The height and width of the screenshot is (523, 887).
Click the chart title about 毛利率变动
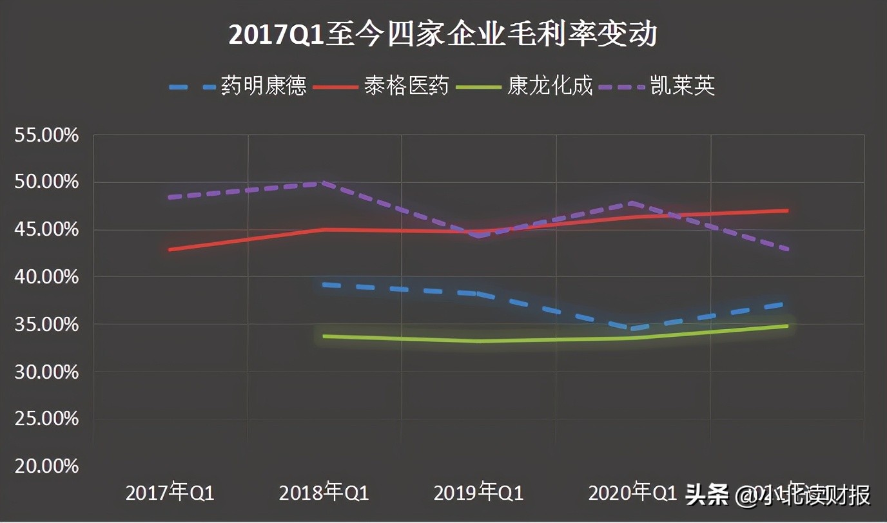tap(443, 34)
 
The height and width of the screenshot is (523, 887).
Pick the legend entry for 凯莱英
tap(683, 86)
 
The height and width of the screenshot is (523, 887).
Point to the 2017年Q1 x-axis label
tap(170, 493)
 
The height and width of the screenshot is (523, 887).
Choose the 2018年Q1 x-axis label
tap(324, 493)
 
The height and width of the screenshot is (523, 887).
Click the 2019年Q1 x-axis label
tap(478, 493)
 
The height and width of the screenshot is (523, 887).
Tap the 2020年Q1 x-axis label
tap(632, 493)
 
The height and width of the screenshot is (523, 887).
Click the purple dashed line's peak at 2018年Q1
tap(324, 183)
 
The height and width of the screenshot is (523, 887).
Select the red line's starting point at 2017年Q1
tap(170, 249)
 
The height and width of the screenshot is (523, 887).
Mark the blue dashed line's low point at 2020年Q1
tap(633, 328)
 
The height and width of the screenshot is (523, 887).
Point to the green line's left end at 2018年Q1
tap(324, 336)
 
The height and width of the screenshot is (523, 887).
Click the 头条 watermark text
tap(707, 495)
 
